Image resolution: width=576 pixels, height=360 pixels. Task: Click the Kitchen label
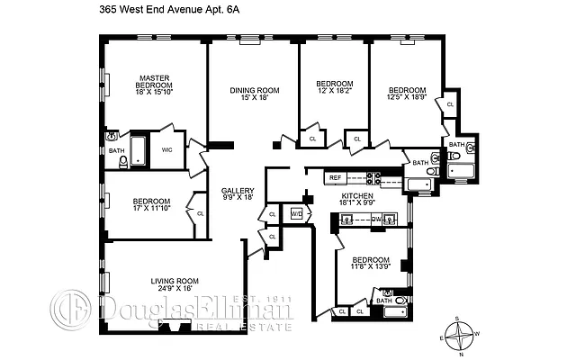(x=356, y=195)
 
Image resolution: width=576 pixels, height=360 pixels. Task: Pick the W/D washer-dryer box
(x=296, y=214)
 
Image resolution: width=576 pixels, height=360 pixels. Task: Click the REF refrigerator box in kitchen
(x=335, y=177)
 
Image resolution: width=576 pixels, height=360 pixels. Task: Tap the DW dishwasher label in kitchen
(x=376, y=217)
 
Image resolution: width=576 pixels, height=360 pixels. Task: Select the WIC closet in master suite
(x=166, y=149)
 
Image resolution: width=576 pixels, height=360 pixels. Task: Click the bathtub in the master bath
(x=138, y=150)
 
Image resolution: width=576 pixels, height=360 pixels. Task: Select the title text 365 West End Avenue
(x=158, y=10)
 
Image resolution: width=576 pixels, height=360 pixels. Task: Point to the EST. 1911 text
(x=258, y=299)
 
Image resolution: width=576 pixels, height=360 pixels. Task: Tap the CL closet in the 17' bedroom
(x=198, y=213)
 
